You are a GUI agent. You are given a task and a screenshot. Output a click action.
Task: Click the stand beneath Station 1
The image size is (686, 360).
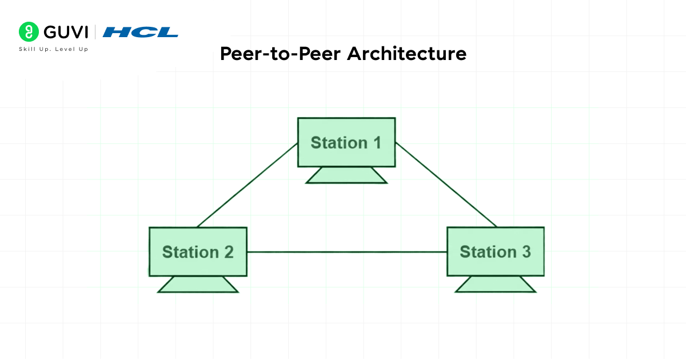346,175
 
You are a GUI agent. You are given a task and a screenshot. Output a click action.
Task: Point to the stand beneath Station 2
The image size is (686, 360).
198,285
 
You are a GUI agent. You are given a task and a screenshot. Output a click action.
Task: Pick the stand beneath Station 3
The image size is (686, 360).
496,284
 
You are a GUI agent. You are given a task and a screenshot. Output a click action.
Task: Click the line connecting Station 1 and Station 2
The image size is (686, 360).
247,185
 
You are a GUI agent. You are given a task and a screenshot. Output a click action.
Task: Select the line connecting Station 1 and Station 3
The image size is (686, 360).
446,185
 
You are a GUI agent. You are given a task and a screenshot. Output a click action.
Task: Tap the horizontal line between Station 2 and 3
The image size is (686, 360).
346,252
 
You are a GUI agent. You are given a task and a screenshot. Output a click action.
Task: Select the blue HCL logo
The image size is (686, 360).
141,32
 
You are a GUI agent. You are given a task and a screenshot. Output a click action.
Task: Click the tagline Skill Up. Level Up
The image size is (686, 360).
54,49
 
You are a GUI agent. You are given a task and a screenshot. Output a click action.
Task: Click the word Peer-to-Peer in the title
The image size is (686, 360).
281,54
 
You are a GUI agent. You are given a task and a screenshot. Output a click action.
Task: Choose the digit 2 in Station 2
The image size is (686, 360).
228,252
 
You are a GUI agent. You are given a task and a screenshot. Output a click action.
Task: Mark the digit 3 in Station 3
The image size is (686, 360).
525,251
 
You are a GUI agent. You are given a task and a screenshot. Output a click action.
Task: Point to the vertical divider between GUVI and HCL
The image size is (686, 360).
95,32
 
